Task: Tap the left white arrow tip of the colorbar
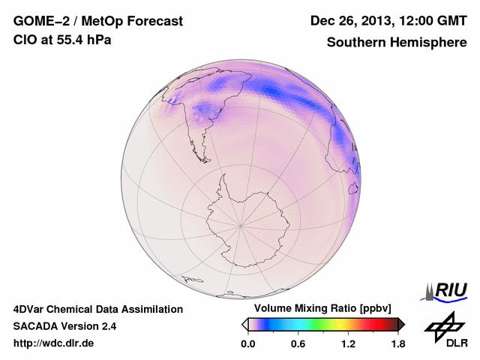coord(244,324)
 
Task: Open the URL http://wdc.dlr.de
coord(54,343)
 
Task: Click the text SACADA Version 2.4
coord(64,326)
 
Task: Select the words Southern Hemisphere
coord(397,43)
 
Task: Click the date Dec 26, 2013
coord(351,21)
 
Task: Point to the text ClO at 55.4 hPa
coord(62,40)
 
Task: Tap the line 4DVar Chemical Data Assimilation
coord(97,309)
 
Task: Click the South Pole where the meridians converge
coord(240,224)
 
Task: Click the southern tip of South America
coord(201,159)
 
